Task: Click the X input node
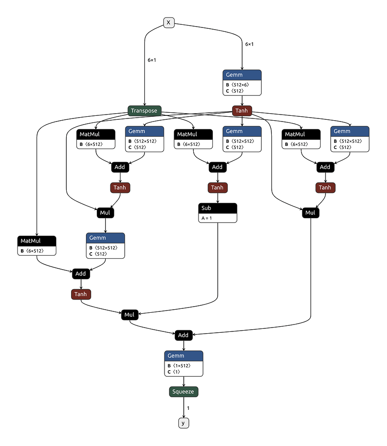pyautogui.click(x=169, y=23)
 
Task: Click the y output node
pyautogui.click(x=184, y=422)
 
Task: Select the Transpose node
pyautogui.click(x=144, y=111)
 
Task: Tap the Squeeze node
pyautogui.click(x=184, y=392)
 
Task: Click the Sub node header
pyautogui.click(x=218, y=208)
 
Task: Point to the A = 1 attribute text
pyautogui.click(x=206, y=218)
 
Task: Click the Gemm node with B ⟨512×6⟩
pyautogui.click(x=242, y=82)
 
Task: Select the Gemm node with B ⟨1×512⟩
pyautogui.click(x=184, y=363)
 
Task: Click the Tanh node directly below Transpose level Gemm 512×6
pyautogui.click(x=242, y=111)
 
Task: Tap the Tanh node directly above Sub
pyautogui.click(x=217, y=188)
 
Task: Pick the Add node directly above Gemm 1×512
pyautogui.click(x=184, y=335)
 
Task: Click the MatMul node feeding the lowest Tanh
pyautogui.click(x=37, y=245)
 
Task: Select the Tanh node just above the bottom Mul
pyautogui.click(x=81, y=294)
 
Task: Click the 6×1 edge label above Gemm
pyautogui.click(x=249, y=44)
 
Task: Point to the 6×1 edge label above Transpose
pyautogui.click(x=152, y=60)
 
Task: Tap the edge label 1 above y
pyautogui.click(x=188, y=408)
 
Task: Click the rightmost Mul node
pyautogui.click(x=310, y=213)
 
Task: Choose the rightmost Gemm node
pyautogui.click(x=350, y=139)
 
